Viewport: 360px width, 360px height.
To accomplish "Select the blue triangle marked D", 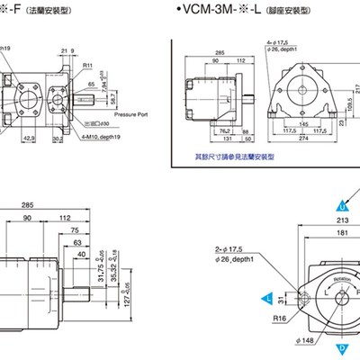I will click(x=342, y=346).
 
